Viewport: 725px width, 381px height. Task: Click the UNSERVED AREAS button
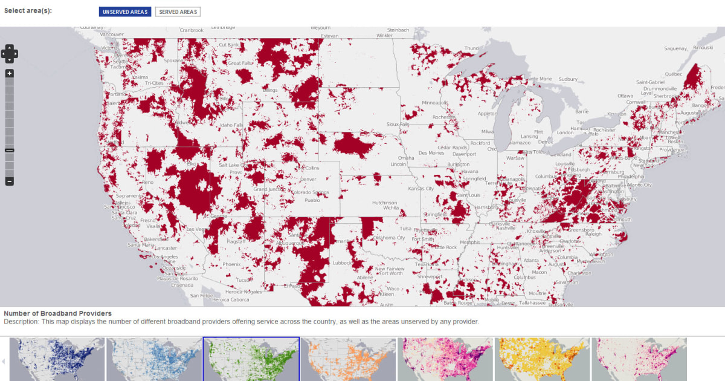point(125,11)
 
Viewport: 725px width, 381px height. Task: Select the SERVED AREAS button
point(178,11)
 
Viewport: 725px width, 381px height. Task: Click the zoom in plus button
point(9,73)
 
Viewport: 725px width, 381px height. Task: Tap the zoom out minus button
point(9,181)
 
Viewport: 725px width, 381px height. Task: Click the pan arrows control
point(9,53)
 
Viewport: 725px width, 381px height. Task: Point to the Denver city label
point(308,180)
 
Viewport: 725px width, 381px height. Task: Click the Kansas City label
point(421,189)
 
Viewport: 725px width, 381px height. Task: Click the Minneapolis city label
point(435,102)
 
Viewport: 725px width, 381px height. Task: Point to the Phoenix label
point(231,264)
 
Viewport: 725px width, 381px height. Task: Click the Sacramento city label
point(129,197)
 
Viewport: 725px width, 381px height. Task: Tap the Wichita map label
point(390,207)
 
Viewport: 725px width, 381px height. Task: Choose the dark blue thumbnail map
point(57,359)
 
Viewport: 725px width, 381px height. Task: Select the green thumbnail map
point(251,359)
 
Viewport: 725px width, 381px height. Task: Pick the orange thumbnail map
point(348,359)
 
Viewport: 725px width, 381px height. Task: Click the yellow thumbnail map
point(542,359)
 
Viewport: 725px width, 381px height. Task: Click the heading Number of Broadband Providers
point(57,313)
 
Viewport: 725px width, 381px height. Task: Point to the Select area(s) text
point(28,11)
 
